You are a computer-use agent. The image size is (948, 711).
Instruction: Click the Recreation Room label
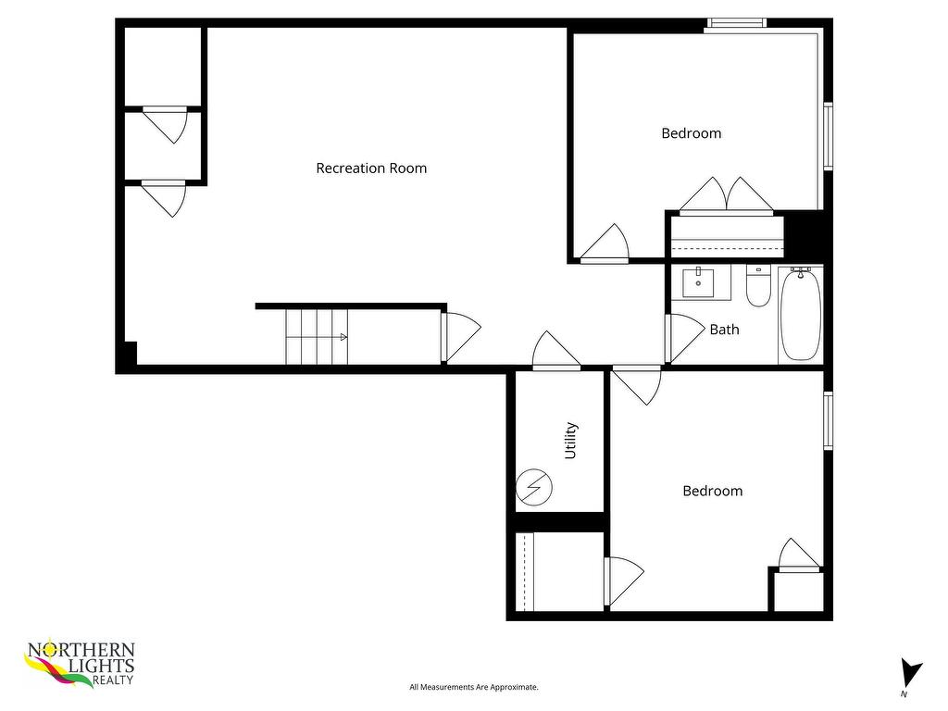(371, 168)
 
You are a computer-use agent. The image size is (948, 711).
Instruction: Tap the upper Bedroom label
(691, 133)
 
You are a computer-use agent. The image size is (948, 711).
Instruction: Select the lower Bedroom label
(712, 491)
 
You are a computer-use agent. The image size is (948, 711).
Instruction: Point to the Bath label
(724, 329)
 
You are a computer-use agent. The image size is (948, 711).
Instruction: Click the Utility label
(570, 441)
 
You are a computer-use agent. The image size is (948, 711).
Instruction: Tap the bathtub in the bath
(800, 315)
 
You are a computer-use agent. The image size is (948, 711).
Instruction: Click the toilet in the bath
(758, 287)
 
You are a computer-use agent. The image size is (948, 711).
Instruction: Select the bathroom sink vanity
(698, 282)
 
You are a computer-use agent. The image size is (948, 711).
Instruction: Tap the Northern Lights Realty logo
(81, 665)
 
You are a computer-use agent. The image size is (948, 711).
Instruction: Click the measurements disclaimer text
(474, 687)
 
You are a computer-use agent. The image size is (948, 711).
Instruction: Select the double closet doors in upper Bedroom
(726, 195)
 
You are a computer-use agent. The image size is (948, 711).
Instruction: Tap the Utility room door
(556, 352)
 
